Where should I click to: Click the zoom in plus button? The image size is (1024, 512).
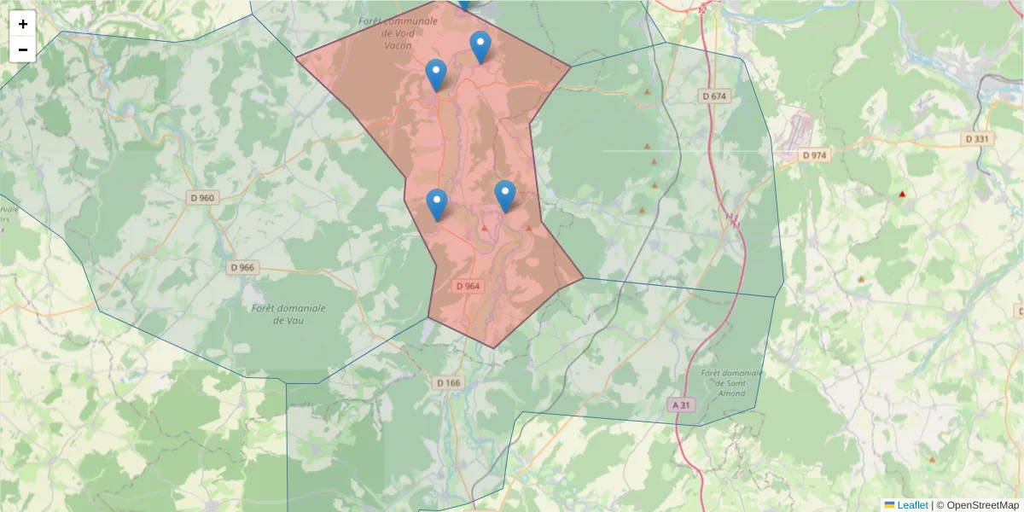point(23,24)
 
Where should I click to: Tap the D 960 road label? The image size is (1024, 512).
point(202,198)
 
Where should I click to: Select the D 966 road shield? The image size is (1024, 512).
point(243,267)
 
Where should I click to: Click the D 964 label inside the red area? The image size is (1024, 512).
point(468,287)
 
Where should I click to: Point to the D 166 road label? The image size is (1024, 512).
point(448,383)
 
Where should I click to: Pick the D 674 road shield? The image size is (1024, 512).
point(714,96)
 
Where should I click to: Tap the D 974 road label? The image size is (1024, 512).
point(815,155)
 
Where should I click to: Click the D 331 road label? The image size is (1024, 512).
point(978,138)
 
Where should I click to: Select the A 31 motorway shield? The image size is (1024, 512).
point(680,405)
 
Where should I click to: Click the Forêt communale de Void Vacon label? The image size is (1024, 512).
point(398,32)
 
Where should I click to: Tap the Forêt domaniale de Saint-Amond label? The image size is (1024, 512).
point(729,383)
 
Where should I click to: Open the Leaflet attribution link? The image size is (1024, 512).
point(912,505)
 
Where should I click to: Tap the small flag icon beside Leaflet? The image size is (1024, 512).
point(889,505)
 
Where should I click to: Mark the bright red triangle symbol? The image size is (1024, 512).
point(902,195)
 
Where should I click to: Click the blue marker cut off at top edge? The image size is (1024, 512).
point(464,3)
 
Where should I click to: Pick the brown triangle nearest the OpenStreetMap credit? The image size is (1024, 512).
point(931,460)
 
